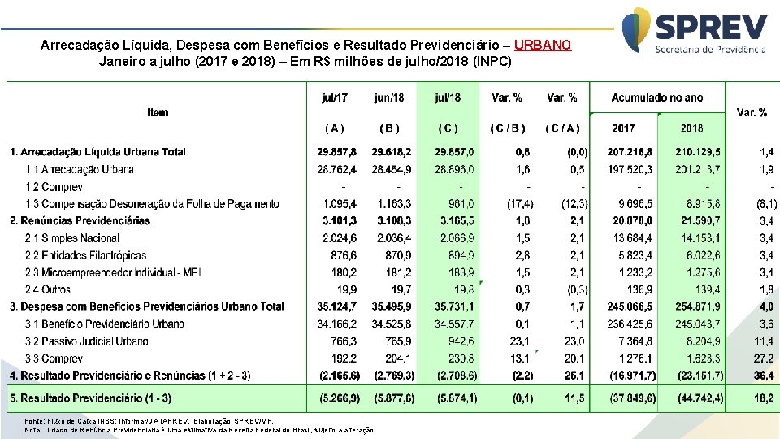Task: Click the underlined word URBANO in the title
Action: pos(543,46)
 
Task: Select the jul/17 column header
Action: pos(334,98)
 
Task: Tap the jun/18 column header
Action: pos(389,98)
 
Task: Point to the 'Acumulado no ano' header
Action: pos(656,98)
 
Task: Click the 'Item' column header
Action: pos(158,112)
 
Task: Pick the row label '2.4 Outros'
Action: pos(49,289)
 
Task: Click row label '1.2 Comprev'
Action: pos(54,187)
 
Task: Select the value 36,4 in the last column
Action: pos(765,376)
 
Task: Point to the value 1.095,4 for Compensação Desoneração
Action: pos(340,204)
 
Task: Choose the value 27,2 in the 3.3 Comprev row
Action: pos(765,359)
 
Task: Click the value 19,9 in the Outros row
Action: pos(346,289)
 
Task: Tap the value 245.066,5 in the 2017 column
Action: pos(630,306)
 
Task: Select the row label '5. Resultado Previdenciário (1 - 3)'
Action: pos(91,398)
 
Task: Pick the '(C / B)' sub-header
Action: pos(507,128)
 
